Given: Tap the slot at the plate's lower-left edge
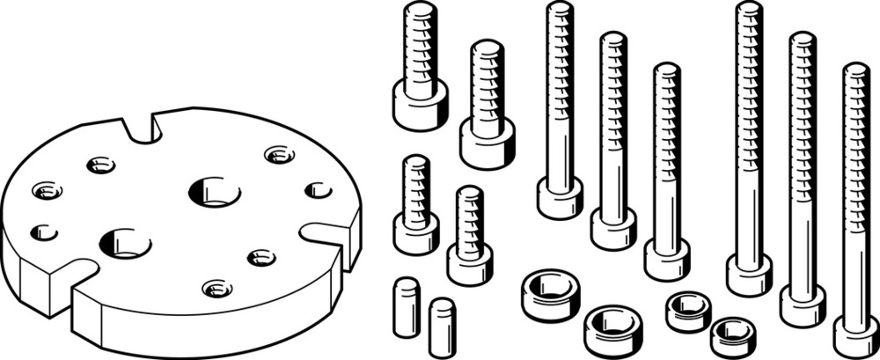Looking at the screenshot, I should [x=70, y=273].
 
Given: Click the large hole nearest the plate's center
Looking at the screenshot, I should [x=213, y=190].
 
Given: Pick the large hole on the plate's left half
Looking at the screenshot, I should [x=125, y=243].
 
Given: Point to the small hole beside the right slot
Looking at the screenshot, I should [x=318, y=189].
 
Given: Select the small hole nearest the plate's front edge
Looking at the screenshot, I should [x=216, y=288].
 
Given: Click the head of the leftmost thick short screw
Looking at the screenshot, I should [x=416, y=109].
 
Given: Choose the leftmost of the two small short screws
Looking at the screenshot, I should [x=416, y=232].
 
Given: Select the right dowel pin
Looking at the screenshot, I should [x=442, y=327].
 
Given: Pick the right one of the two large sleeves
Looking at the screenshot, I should [x=613, y=329].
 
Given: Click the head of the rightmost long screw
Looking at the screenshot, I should [x=855, y=334].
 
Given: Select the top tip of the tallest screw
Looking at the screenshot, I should [x=749, y=7].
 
